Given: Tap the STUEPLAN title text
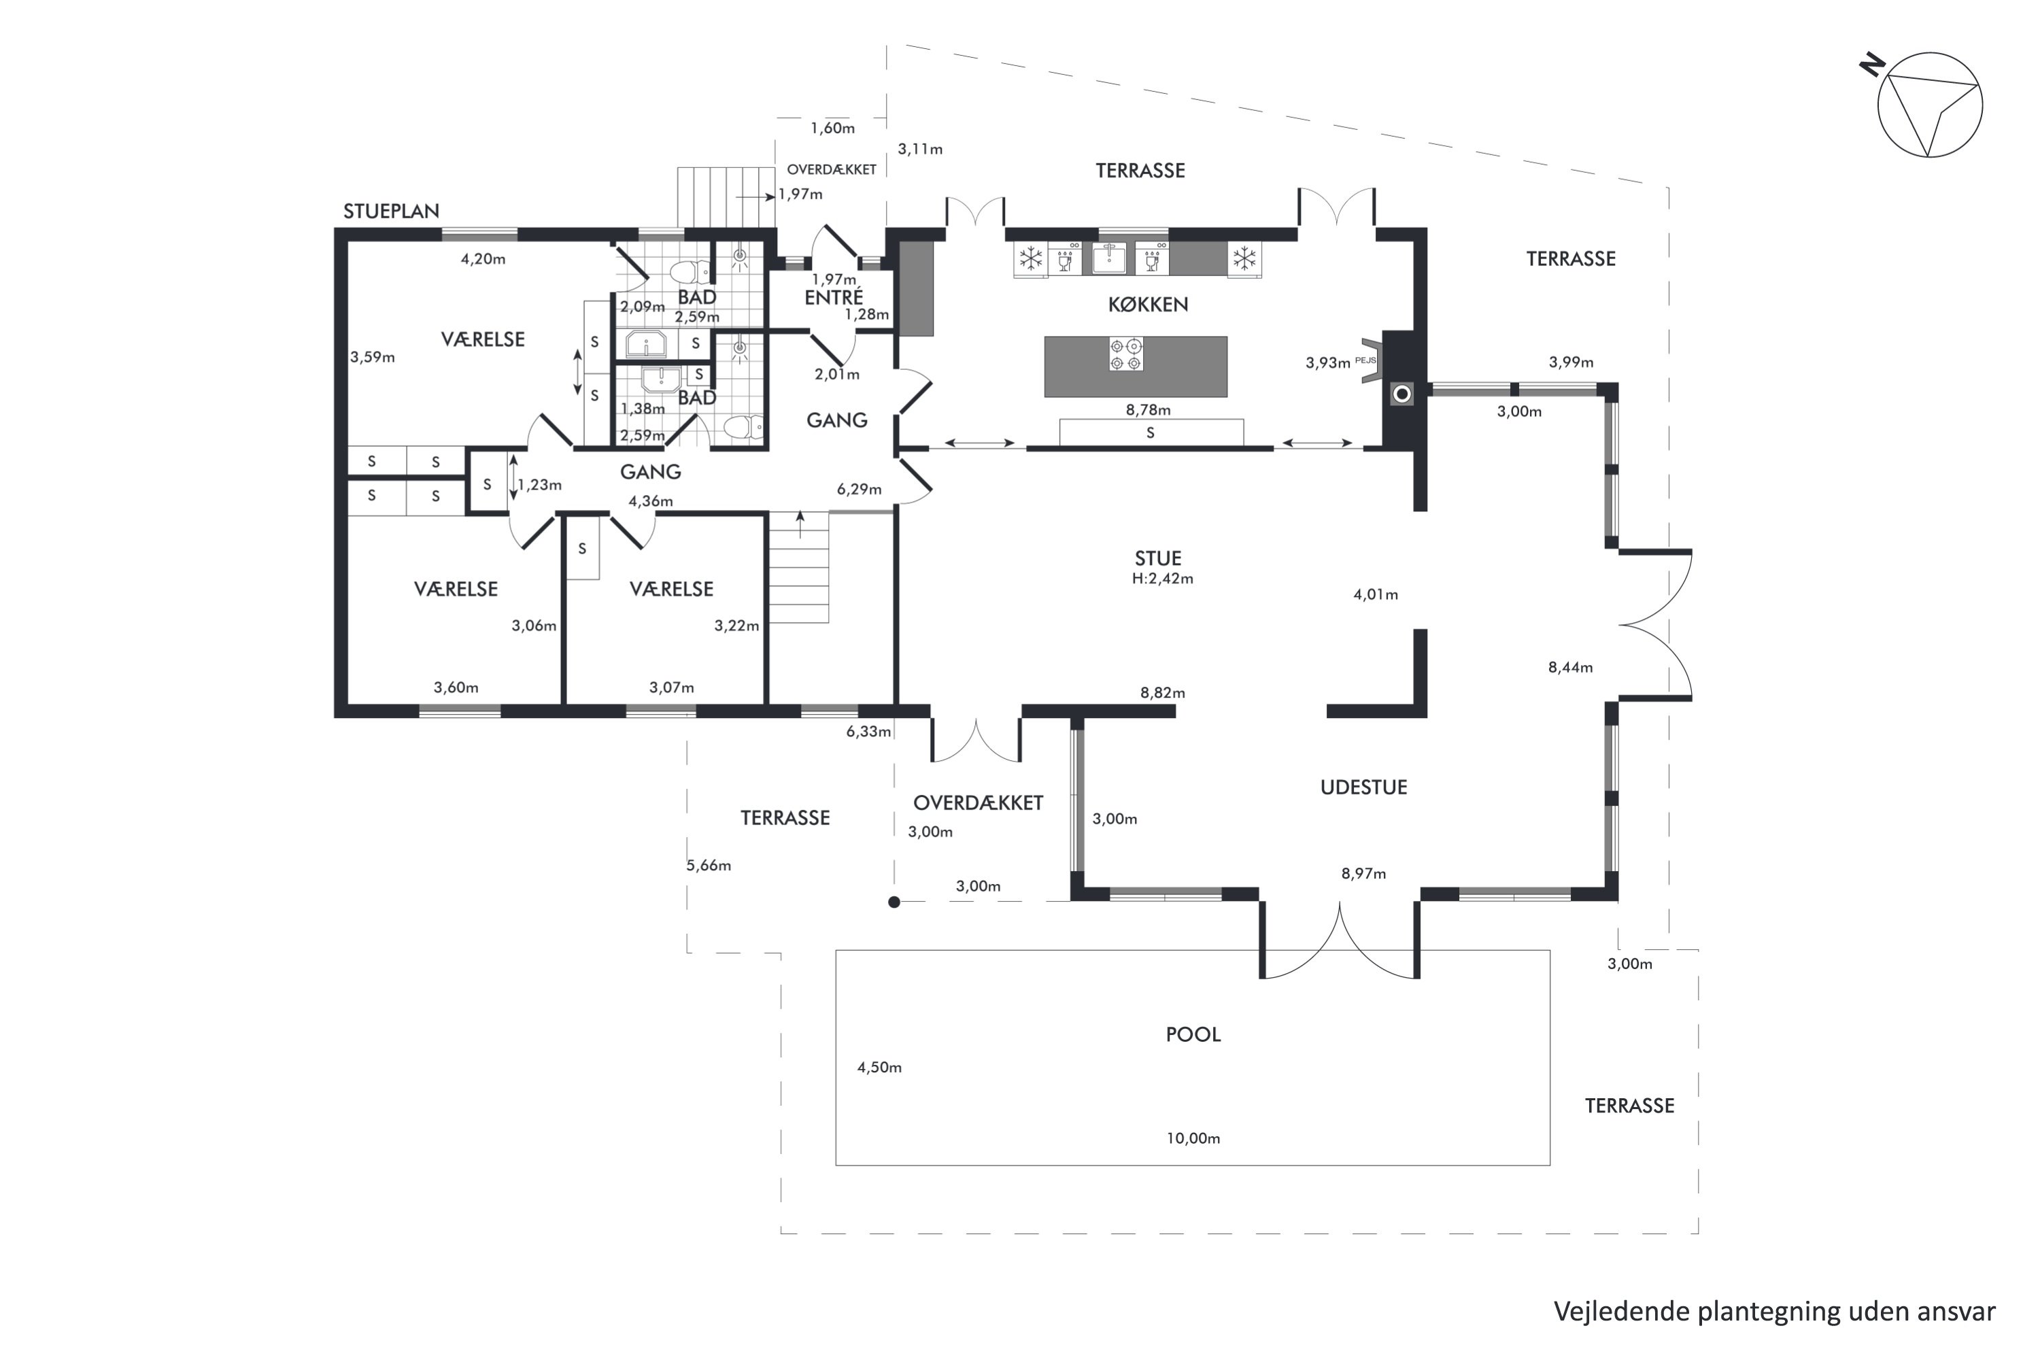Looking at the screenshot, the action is pos(391,211).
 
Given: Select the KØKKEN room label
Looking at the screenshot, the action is pos(1148,305).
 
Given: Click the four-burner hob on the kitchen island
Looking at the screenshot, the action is pos(1126,354).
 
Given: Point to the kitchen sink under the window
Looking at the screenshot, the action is pos(1108,258).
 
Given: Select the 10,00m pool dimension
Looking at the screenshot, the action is pos(1193,1138).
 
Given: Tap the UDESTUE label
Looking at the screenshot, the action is pos(1363,787).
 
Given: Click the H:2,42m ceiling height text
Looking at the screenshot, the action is pos(1162,579).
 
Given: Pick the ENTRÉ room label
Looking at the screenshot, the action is pos(834,298).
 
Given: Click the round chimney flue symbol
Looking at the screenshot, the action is pos(1401,394).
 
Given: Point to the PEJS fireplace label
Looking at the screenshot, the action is pos(1365,360).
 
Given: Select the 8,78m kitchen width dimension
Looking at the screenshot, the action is pos(1148,409).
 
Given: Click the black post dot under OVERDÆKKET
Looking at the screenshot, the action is pos(894,902).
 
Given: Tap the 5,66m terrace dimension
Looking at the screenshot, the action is pos(709,865).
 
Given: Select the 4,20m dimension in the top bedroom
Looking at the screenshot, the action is pos(482,258).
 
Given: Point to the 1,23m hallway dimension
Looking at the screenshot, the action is pos(539,485).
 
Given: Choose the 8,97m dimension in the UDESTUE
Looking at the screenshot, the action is pos(1363,872).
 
